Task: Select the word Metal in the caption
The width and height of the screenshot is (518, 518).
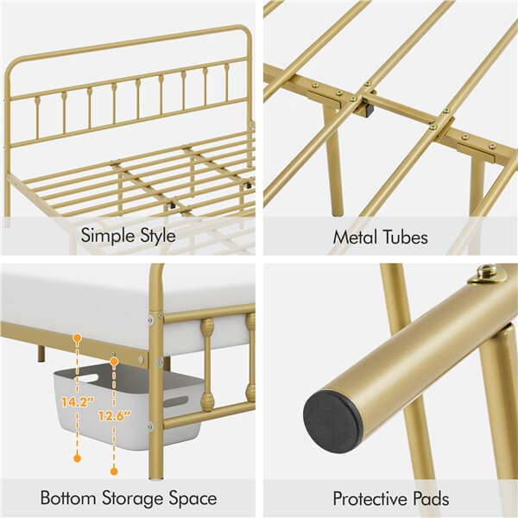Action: (x=355, y=237)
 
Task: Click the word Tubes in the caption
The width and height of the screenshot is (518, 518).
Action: (x=405, y=237)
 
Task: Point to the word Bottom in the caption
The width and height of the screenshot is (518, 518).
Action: (x=68, y=497)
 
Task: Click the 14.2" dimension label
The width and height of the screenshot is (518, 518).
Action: (x=78, y=402)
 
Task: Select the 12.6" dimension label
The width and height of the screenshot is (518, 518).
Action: (x=115, y=415)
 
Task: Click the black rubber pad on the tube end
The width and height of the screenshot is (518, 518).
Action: (x=333, y=421)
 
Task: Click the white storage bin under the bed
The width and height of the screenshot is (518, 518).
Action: (x=128, y=405)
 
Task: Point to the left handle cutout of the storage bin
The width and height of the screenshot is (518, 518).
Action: (x=87, y=378)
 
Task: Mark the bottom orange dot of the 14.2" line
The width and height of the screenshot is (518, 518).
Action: (x=78, y=458)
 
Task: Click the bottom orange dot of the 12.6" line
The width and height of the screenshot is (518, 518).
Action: (x=114, y=471)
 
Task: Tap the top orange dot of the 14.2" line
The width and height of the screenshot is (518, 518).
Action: (x=78, y=338)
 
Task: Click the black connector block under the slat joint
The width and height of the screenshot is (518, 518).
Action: (x=369, y=110)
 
